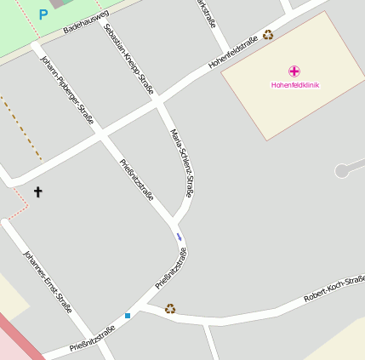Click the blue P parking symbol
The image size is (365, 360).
pyautogui.click(x=43, y=14)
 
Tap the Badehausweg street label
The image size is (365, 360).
pyautogui.click(x=86, y=23)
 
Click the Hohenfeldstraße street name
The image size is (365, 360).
pyautogui.click(x=233, y=53)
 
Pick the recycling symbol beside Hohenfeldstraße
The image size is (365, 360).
pyautogui.click(x=268, y=35)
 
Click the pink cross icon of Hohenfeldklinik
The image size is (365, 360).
pyautogui.click(x=294, y=71)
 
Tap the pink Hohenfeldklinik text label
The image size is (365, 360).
pyautogui.click(x=294, y=85)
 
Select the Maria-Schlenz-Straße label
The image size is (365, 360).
pyautogui.click(x=183, y=163)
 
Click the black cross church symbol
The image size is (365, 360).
pyautogui.click(x=37, y=192)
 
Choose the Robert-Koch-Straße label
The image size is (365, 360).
pyautogui.click(x=334, y=289)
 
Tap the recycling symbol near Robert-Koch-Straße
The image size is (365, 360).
pyautogui.click(x=170, y=308)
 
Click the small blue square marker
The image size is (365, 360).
pyautogui.click(x=128, y=316)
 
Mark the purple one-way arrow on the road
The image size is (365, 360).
pyautogui.click(x=179, y=235)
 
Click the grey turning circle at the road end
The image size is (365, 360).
pyautogui.click(x=342, y=170)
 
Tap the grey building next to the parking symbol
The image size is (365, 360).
pyautogui.click(x=58, y=3)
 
